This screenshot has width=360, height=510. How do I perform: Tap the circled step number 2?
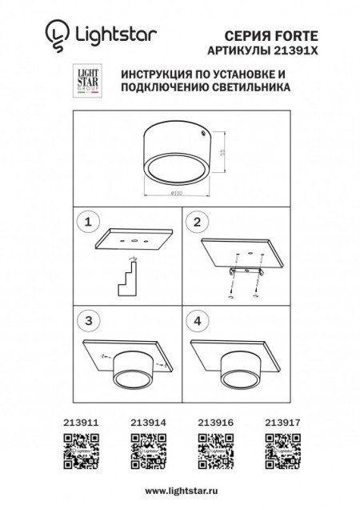[197, 220]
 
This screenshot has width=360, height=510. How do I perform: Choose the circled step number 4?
[197, 319]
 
